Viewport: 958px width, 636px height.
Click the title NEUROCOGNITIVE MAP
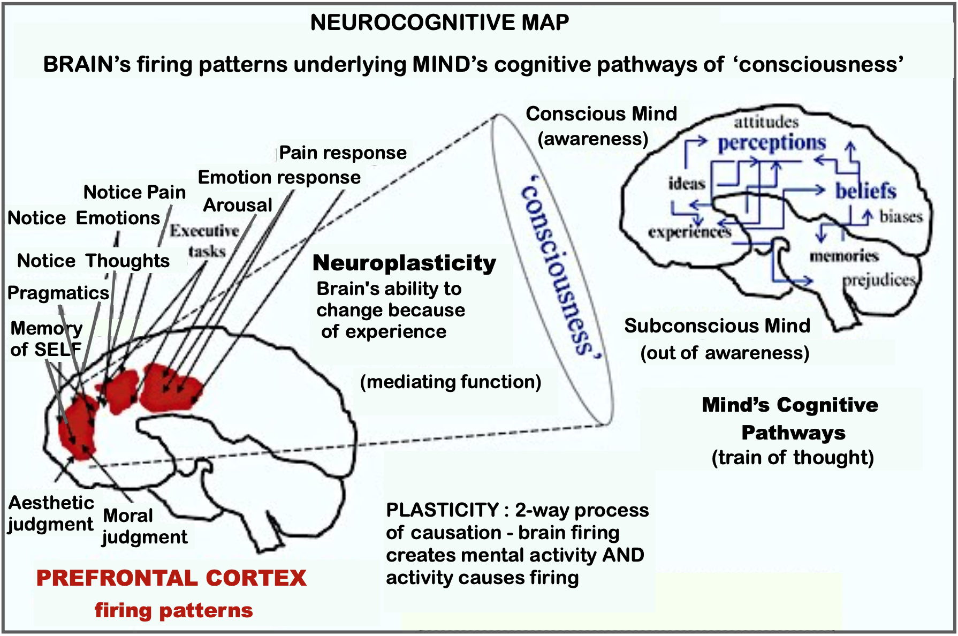(439, 22)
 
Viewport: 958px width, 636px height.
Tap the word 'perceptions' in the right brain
(772, 143)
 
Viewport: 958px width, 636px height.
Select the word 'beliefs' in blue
(865, 191)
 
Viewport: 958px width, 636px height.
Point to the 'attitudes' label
(766, 122)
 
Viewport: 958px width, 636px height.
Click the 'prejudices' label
(879, 280)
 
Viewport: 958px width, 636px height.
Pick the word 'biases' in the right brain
(901, 216)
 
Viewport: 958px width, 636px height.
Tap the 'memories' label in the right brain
(844, 256)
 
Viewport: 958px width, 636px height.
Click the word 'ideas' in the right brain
(687, 184)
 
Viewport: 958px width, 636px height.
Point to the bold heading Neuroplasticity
(404, 263)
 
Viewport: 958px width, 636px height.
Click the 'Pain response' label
(343, 153)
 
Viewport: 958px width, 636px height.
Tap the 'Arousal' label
(238, 205)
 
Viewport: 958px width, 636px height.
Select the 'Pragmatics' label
(58, 293)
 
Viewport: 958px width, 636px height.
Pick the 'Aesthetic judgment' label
(51, 513)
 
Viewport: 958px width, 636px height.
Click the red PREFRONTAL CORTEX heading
(171, 578)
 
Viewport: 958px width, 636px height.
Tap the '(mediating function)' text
(450, 382)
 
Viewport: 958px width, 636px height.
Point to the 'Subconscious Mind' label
(717, 325)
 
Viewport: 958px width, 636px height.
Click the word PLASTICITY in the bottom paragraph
(442, 510)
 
